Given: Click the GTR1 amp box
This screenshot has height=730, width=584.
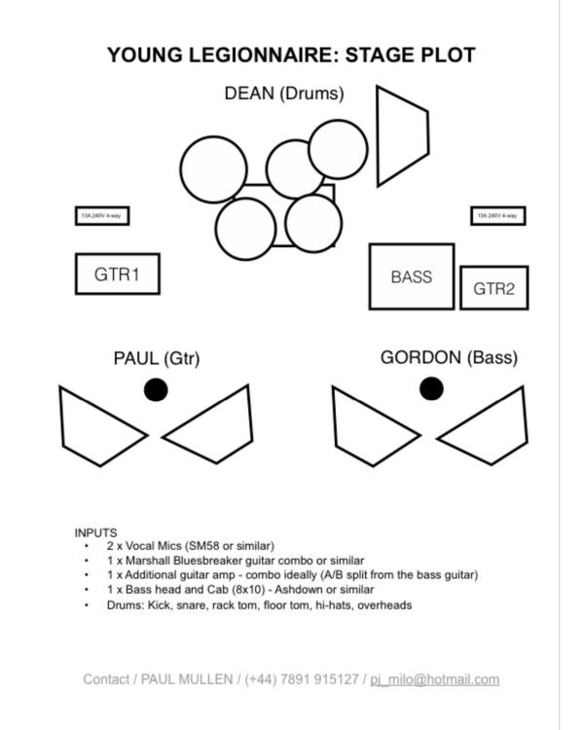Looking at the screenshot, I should point(117,274).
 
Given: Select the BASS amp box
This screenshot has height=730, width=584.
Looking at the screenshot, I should point(411,276).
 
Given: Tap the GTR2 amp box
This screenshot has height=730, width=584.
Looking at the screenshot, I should point(493,288).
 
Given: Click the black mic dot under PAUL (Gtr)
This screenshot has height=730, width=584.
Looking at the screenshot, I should point(156,389).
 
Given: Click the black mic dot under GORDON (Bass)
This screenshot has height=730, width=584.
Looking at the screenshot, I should point(431,388).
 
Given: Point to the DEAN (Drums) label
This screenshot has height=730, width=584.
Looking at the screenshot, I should point(283,93).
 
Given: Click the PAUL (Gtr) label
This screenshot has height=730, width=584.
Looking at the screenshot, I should point(157,358).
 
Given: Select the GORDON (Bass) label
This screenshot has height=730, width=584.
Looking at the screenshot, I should point(449,357).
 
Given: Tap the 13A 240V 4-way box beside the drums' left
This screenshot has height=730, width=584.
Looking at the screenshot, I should point(102,216).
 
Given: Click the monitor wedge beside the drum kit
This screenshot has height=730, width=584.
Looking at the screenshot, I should point(401,135).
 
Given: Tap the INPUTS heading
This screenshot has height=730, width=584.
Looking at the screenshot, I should point(95,532).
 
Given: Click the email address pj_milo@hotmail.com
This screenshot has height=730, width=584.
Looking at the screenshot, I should point(434,679).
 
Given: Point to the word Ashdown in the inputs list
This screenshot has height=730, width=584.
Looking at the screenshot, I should point(296,590).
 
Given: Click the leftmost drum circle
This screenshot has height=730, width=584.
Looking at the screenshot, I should point(213,168).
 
